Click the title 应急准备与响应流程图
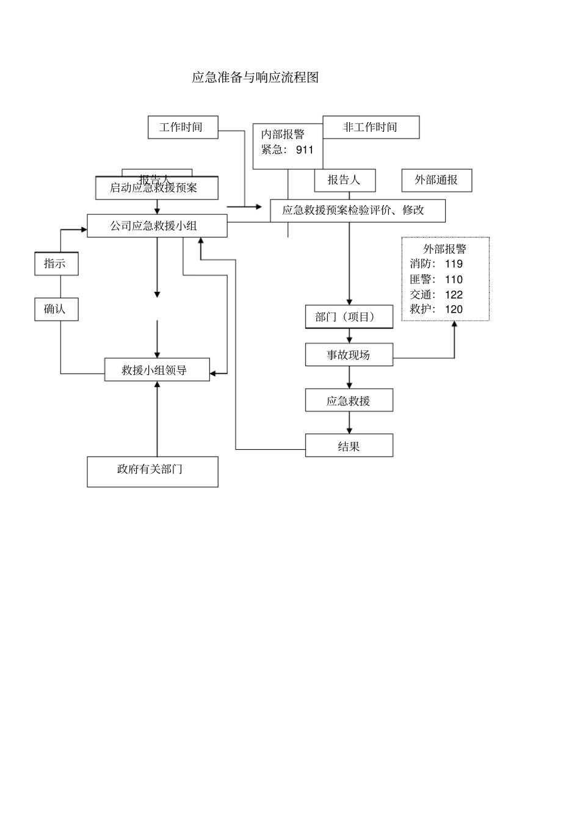pyautogui.click(x=255, y=78)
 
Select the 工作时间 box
pyautogui.click(x=183, y=127)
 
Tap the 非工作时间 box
pyautogui.click(x=371, y=127)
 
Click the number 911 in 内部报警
pyautogui.click(x=304, y=150)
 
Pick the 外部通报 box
pyautogui.click(x=437, y=180)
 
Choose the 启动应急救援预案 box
pyautogui.click(x=156, y=188)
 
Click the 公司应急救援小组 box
pyautogui.click(x=156, y=226)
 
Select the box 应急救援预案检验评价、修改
pyautogui.click(x=357, y=211)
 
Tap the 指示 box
pyautogui.click(x=56, y=264)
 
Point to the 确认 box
pyautogui.click(x=56, y=309)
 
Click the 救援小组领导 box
pyautogui.click(x=156, y=370)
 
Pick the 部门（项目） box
pyautogui.click(x=349, y=317)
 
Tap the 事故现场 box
pyautogui.click(x=349, y=355)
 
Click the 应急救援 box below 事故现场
pyautogui.click(x=349, y=400)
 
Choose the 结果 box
pyautogui.click(x=349, y=446)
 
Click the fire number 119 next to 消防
pyautogui.click(x=454, y=264)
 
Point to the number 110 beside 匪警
pyautogui.click(x=454, y=280)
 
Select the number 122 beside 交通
pyautogui.click(x=454, y=294)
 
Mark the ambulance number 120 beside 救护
pyautogui.click(x=454, y=309)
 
